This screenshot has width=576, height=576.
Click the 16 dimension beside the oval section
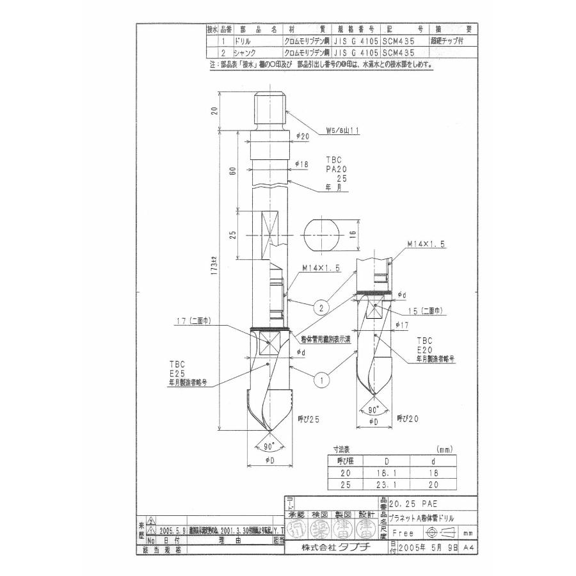click(x=352, y=235)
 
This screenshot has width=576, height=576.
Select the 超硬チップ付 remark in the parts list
click(x=452, y=38)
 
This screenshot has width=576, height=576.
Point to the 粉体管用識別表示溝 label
click(x=326, y=339)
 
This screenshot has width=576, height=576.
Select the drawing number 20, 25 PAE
click(x=420, y=504)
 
